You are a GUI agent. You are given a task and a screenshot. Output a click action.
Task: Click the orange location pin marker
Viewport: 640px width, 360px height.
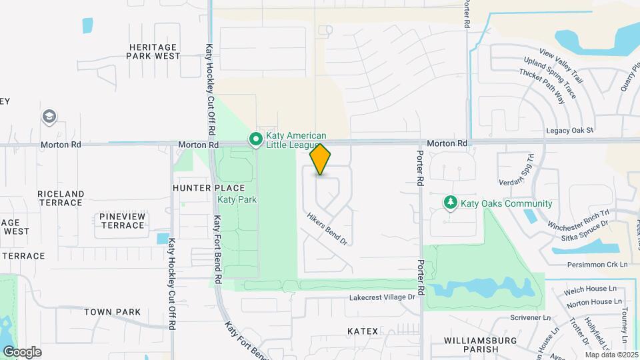[320, 159]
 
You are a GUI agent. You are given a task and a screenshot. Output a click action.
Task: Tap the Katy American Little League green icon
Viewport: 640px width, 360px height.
[255, 140]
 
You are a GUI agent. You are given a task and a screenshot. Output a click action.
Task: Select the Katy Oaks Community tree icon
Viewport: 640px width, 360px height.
[451, 202]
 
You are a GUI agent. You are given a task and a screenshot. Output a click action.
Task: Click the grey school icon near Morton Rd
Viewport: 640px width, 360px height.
[49, 117]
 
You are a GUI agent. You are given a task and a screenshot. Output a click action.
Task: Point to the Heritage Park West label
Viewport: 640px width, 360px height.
[153, 52]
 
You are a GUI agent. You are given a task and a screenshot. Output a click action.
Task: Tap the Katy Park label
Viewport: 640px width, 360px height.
[237, 199]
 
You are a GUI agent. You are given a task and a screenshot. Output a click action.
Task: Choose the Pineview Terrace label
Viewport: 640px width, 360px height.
[122, 221]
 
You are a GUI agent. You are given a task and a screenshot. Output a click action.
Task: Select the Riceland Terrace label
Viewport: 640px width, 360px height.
[61, 199]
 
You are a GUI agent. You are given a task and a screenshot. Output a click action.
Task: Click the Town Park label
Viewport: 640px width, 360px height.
[113, 311]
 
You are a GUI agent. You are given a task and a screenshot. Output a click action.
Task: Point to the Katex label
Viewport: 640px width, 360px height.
[363, 331]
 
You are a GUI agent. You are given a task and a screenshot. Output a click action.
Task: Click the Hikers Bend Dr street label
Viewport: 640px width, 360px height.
[328, 229]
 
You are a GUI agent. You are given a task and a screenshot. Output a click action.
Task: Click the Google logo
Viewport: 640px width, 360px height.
[22, 351]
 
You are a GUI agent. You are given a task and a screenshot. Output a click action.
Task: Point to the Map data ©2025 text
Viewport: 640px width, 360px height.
[611, 355]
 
